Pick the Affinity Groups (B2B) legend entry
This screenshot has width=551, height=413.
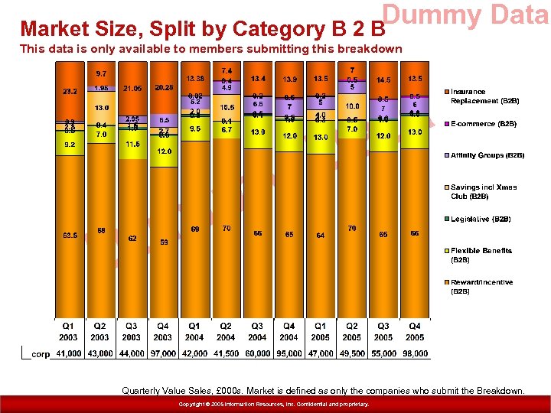coord(487,155)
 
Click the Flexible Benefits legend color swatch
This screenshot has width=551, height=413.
coord(446,251)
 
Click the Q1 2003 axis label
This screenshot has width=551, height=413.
coord(69,331)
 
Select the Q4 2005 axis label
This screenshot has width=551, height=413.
coord(414,331)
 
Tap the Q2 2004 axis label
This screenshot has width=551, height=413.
coord(225,331)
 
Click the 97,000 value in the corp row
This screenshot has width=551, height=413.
coord(162,354)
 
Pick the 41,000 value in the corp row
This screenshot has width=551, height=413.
coord(69,354)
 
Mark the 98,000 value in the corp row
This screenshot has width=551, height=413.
coord(414,354)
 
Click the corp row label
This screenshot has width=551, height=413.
coord(41,354)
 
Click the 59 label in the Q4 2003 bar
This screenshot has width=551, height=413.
coord(162,242)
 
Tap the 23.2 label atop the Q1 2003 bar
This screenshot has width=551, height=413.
coord(69,91)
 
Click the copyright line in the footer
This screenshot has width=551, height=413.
coord(273,404)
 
